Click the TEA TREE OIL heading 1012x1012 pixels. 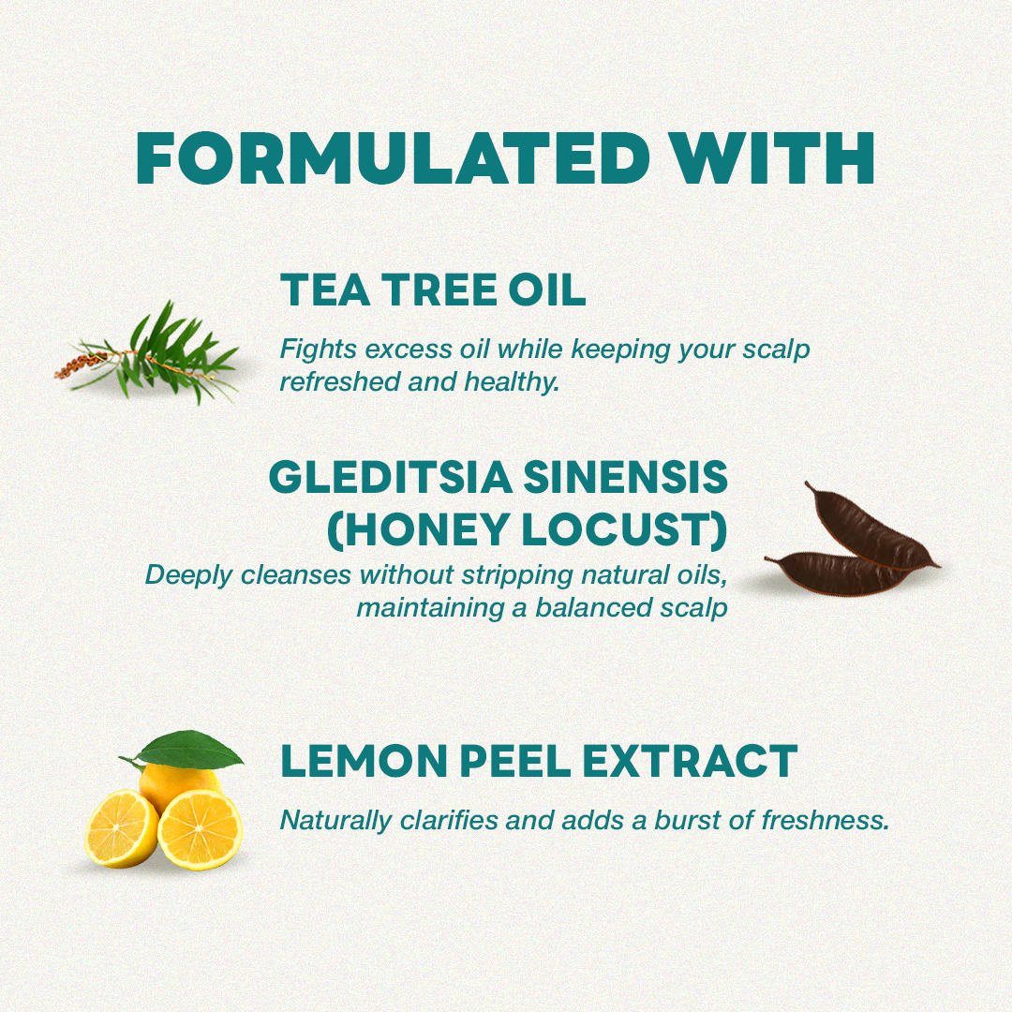433,290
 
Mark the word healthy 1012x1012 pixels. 519,382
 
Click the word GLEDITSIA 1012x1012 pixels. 390,478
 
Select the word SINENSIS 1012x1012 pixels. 625,478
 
